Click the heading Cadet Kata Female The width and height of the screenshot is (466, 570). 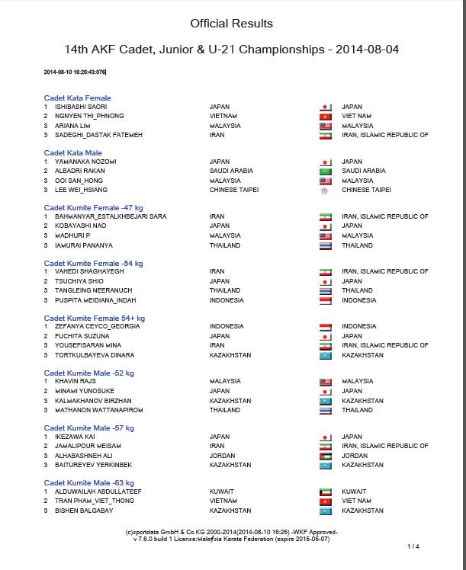point(77,98)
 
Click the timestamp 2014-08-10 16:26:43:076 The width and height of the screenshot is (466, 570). point(75,72)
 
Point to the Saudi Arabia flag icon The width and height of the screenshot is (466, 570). point(326,171)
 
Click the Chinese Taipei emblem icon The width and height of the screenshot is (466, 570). point(326,190)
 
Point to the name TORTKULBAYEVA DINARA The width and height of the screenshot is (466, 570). point(93,355)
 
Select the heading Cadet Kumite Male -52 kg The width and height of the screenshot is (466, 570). point(88,373)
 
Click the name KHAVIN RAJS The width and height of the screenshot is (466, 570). point(74,381)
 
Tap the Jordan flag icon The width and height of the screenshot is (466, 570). point(326,455)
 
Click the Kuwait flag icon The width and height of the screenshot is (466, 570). point(326,492)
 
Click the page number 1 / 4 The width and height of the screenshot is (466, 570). point(413,546)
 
